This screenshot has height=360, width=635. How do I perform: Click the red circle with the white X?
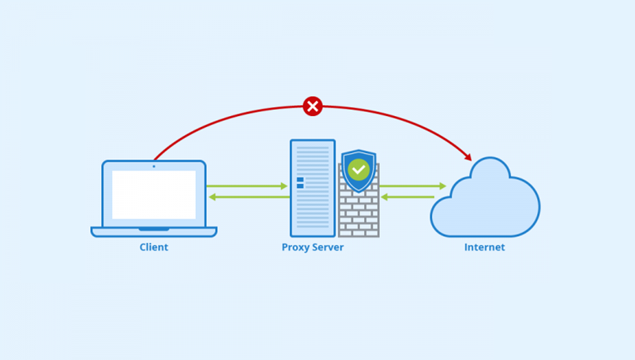(313, 106)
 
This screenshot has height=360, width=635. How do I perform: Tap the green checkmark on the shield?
(359, 169)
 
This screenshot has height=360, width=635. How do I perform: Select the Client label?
(154, 247)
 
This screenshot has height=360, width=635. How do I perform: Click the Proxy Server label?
(313, 247)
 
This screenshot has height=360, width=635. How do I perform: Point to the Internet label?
(484, 247)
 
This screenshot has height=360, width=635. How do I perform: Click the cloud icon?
(485, 204)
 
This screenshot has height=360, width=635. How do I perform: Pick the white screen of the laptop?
(154, 194)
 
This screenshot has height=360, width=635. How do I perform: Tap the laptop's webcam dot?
(154, 166)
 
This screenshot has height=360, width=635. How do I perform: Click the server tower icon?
(313, 189)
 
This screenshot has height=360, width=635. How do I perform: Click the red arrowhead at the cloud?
(468, 157)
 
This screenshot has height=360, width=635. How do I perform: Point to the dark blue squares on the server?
(300, 183)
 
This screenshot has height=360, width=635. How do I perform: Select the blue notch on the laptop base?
(154, 229)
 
